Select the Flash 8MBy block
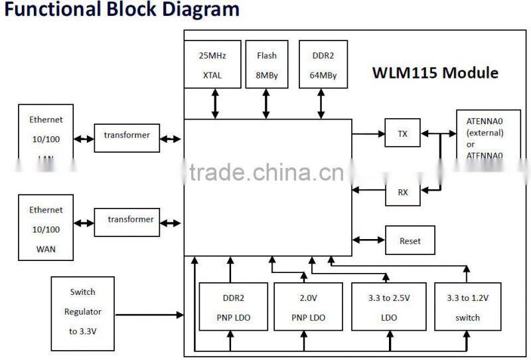267,64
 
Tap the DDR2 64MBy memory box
323,64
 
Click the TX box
403,134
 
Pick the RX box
403,192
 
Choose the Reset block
410,240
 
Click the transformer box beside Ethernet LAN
127,135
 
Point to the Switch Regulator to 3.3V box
82,311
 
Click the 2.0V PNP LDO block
309,307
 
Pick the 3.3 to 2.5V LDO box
390,307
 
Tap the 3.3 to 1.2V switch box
467,307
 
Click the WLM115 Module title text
434,73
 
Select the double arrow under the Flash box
267,104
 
